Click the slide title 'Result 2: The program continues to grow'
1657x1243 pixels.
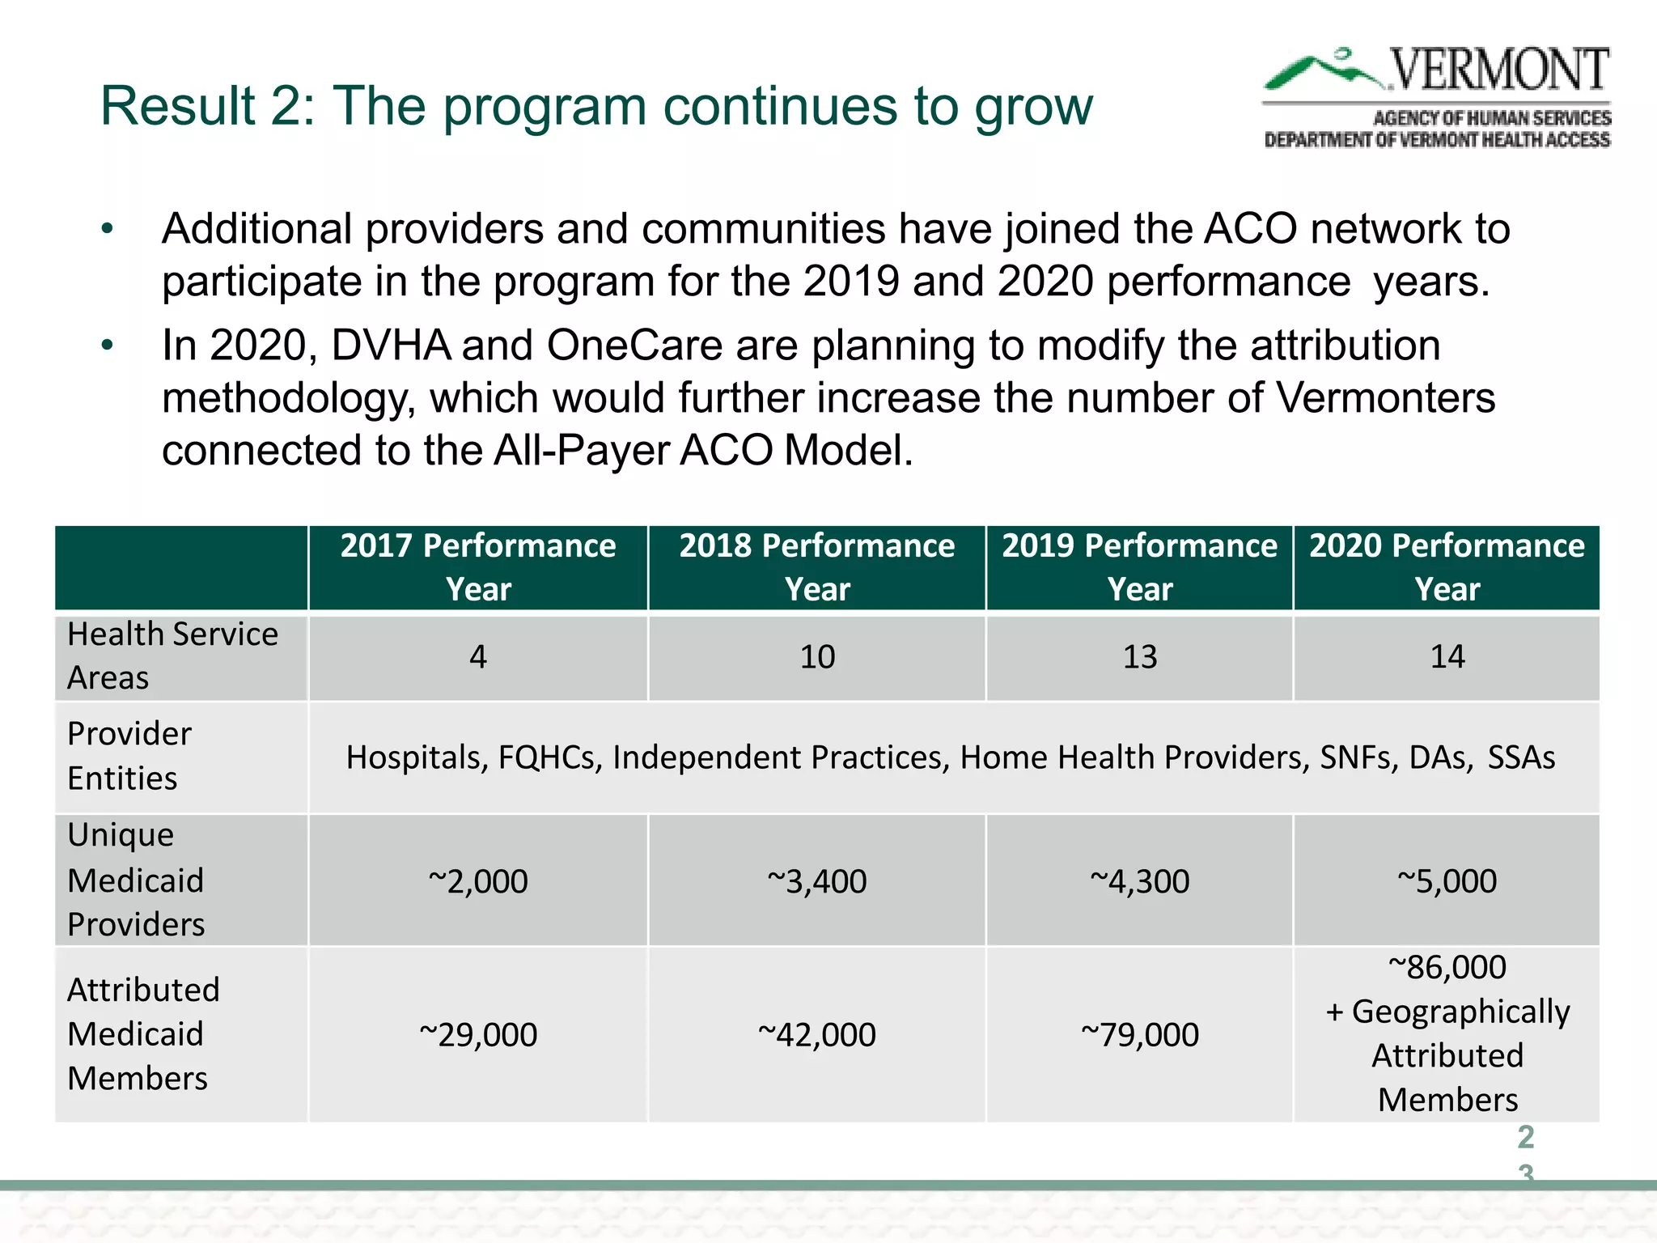point(596,106)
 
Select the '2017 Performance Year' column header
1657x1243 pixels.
point(478,567)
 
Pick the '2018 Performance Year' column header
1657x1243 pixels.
point(817,567)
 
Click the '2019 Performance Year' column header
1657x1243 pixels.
point(1139,567)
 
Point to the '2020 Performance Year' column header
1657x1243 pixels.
point(1447,567)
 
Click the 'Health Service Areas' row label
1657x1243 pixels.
point(172,655)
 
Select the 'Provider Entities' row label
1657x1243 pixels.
point(129,756)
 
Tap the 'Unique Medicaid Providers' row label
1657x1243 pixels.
point(136,880)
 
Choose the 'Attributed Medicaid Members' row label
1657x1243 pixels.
point(143,1034)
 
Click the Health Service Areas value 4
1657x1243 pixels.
point(478,656)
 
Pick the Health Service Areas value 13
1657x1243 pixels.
point(1140,656)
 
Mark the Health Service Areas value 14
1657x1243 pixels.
point(1447,656)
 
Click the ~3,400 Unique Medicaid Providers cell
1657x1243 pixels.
point(817,881)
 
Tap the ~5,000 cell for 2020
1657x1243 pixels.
point(1447,881)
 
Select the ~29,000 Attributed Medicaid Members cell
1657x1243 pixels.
point(478,1035)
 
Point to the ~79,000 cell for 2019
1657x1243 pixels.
point(1140,1035)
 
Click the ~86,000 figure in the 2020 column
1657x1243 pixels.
point(1447,967)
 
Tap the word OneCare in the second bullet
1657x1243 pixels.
point(634,346)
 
